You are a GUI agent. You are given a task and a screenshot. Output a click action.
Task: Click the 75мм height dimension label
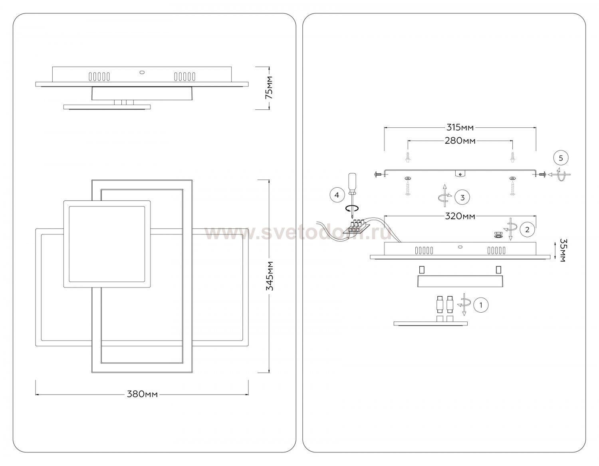click(268, 87)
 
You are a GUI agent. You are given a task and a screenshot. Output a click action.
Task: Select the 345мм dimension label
click(269, 276)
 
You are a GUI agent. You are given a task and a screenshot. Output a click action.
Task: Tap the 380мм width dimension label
click(142, 395)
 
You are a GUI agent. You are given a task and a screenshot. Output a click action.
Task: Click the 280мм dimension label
click(460, 141)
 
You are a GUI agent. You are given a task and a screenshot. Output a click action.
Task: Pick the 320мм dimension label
click(460, 216)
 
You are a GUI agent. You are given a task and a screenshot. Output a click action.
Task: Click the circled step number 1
click(481, 305)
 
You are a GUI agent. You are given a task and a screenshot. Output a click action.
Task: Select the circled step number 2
click(528, 230)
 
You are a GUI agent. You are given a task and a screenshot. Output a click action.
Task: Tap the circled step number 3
click(462, 197)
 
